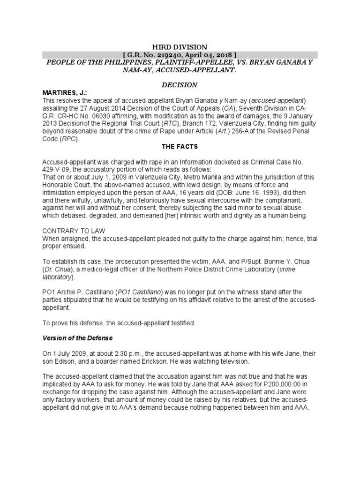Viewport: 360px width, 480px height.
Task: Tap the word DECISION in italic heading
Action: [x=180, y=85]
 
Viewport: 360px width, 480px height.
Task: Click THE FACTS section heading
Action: [x=180, y=146]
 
